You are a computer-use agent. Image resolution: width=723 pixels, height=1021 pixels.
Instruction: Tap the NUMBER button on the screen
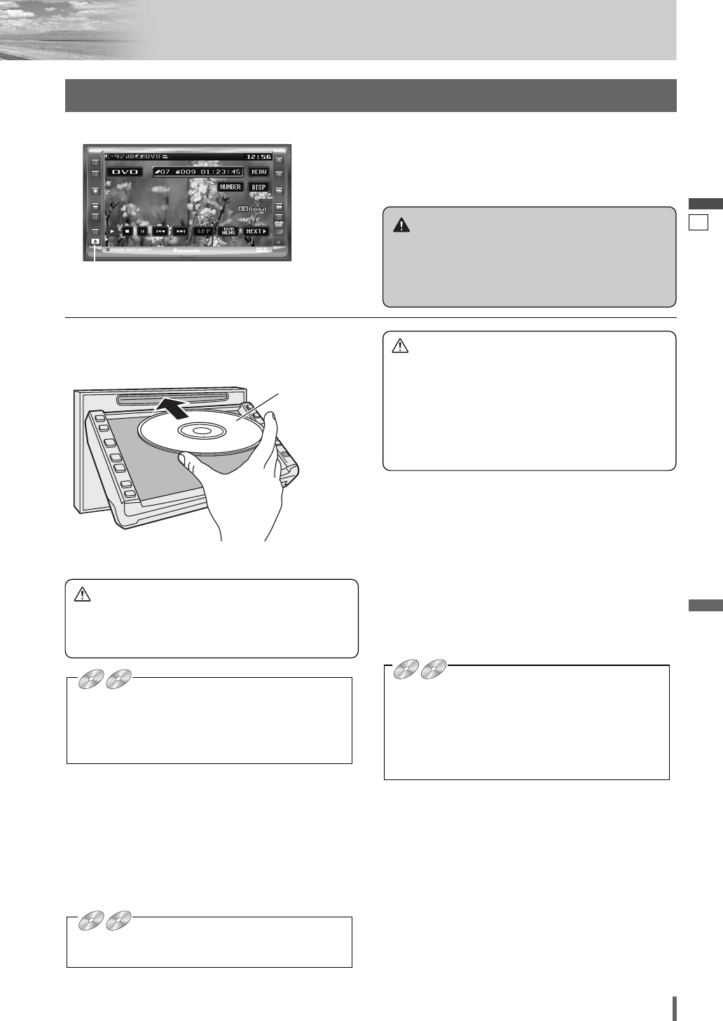pos(230,187)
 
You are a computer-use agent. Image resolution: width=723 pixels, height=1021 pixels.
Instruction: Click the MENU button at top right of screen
pos(259,172)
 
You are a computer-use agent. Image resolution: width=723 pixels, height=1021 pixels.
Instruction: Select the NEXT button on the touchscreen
pos(256,231)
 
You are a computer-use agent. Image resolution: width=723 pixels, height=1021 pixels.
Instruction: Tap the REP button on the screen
pos(203,231)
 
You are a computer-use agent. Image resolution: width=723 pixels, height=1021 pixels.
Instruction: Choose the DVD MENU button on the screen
pos(228,231)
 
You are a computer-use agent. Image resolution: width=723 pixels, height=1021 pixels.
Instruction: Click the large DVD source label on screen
pos(125,172)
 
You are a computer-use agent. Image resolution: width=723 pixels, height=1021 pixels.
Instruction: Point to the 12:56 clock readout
pos(259,156)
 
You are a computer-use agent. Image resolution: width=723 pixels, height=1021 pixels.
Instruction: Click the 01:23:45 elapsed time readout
pos(221,172)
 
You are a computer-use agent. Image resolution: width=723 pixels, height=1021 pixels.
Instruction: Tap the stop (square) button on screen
pos(127,231)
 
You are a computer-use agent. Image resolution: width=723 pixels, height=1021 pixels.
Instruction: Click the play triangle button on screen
pos(112,231)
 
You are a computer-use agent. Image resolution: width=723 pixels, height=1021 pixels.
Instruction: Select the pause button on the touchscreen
pos(142,231)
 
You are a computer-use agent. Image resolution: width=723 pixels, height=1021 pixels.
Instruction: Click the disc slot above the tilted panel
pos(172,398)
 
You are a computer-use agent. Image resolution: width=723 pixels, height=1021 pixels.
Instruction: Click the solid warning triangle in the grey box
pos(401,225)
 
